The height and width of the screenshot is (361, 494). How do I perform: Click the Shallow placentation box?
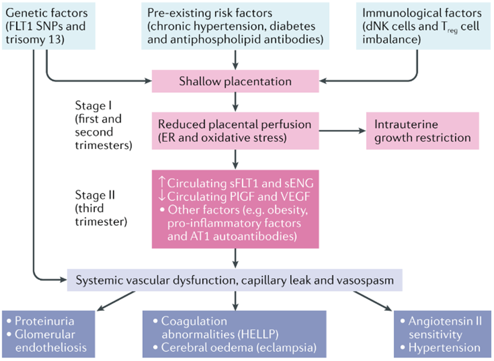(x=235, y=81)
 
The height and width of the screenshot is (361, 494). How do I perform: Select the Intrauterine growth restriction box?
(x=423, y=131)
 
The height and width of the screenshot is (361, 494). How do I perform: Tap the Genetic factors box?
(x=48, y=26)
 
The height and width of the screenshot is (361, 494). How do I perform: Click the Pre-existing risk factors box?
(x=235, y=26)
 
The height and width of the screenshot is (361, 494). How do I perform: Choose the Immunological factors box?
(x=423, y=26)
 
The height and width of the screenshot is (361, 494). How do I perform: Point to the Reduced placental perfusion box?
(x=235, y=131)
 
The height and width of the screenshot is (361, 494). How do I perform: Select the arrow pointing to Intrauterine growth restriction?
(x=343, y=131)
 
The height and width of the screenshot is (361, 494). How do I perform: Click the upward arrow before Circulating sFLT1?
(x=162, y=182)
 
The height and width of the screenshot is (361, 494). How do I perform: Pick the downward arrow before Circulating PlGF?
(x=162, y=196)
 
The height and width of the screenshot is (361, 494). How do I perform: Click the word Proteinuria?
(x=44, y=321)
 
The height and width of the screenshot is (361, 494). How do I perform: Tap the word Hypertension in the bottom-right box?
(x=444, y=347)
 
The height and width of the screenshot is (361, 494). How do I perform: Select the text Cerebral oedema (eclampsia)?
(x=239, y=347)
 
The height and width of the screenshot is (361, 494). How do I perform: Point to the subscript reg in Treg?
(x=453, y=31)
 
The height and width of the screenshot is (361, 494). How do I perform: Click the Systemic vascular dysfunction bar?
(x=235, y=280)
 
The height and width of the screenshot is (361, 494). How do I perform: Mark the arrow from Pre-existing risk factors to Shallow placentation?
(x=235, y=60)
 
